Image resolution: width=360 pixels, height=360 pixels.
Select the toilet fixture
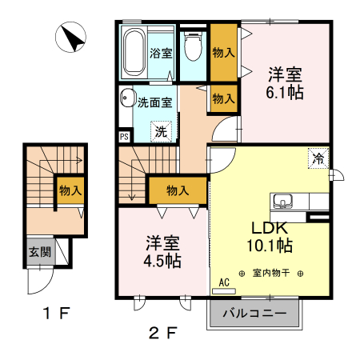coord(193,47)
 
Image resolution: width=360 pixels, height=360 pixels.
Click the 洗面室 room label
coord(154,102)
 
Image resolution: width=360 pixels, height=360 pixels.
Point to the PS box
coord(124,137)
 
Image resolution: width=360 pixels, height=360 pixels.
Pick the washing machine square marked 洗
coord(161,131)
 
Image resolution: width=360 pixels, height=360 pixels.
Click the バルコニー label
coord(255,314)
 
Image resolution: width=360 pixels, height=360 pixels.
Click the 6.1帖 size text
coord(285,92)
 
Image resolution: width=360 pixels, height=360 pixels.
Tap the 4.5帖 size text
coord(163,261)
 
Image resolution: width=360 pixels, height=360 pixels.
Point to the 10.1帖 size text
coord(272,245)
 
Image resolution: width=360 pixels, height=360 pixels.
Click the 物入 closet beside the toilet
coord(224,53)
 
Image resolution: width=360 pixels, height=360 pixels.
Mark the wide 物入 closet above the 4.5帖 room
coord(178,190)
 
